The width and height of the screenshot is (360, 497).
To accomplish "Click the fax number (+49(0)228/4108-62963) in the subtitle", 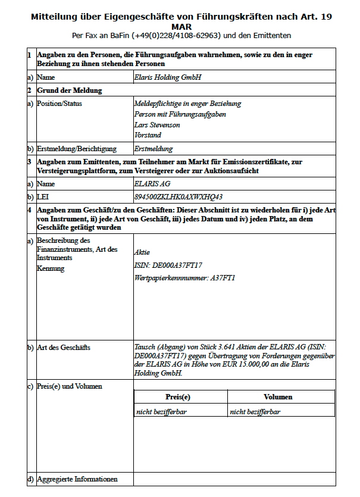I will click(x=172, y=36).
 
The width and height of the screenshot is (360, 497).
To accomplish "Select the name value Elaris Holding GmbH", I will click(x=168, y=77).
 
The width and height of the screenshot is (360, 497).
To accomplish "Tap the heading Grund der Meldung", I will click(x=69, y=90).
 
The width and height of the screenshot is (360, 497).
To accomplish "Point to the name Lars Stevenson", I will click(x=157, y=125).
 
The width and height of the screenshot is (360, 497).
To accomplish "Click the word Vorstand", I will click(x=148, y=136).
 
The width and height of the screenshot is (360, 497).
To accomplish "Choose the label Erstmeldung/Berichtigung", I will click(x=77, y=149).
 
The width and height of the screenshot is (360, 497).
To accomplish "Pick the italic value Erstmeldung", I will click(x=154, y=149).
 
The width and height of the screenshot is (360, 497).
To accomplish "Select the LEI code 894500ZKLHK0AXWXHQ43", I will click(x=179, y=196).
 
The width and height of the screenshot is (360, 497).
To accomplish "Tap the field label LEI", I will click(x=43, y=196).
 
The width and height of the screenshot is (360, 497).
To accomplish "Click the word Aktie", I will click(x=142, y=252).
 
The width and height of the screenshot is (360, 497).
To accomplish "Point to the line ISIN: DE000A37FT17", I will click(x=168, y=265).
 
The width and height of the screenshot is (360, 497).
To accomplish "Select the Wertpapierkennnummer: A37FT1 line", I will click(x=185, y=278).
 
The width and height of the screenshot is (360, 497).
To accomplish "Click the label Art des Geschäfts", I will click(x=64, y=348).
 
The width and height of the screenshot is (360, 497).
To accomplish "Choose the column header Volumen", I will click(x=278, y=397).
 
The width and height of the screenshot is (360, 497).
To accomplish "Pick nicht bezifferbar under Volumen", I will click(x=255, y=411).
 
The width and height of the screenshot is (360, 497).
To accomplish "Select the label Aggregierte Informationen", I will click(x=77, y=479).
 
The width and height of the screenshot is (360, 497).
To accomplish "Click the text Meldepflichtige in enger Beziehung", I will click(x=188, y=104).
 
